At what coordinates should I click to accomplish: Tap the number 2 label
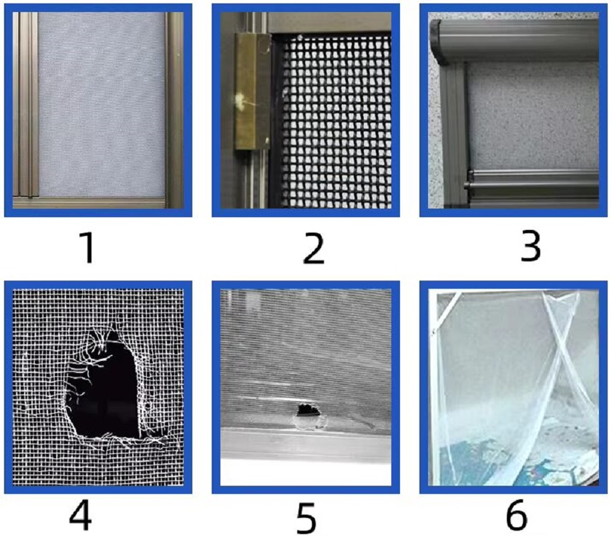[314, 249]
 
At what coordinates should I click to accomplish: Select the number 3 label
[530, 247]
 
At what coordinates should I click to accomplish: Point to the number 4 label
[81, 515]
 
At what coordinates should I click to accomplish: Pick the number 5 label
[307, 518]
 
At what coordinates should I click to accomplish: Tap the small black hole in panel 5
[309, 410]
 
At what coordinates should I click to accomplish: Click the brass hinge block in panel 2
[252, 92]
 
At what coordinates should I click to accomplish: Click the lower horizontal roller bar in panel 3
[532, 183]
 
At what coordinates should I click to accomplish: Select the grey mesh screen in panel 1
[101, 104]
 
